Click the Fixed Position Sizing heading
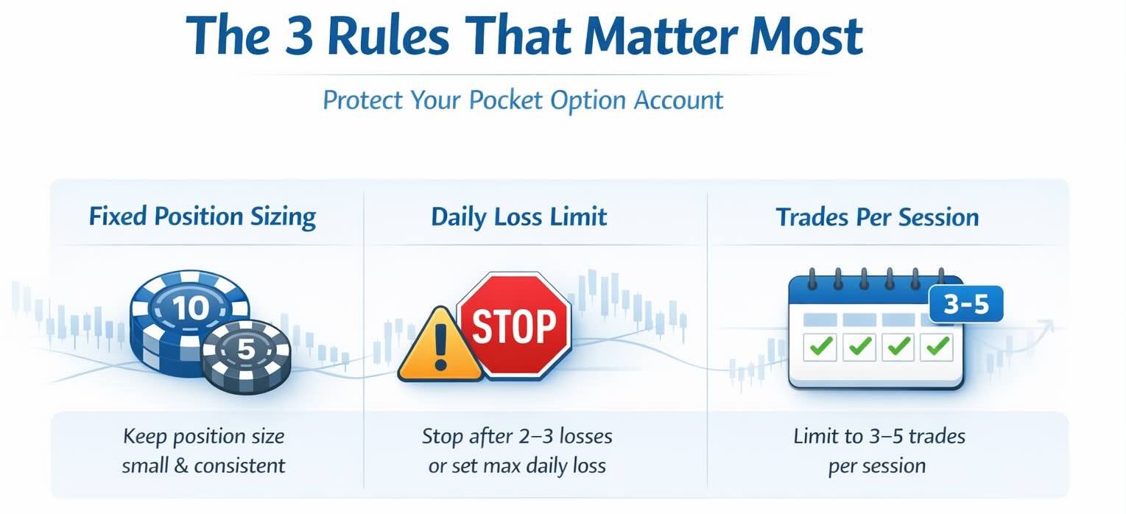click(203, 217)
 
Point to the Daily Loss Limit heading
click(519, 217)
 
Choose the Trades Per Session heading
click(877, 217)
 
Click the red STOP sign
click(513, 325)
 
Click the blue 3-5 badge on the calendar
click(966, 304)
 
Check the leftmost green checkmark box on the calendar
click(819, 345)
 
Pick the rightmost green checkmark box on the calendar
click(937, 345)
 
